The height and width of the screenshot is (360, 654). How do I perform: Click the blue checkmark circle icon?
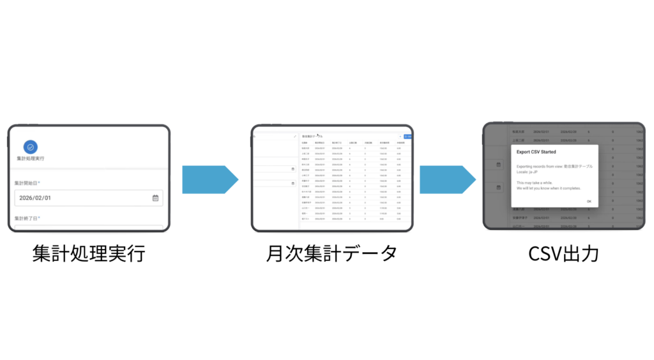pos(30,146)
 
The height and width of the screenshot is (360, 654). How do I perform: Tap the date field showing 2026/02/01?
pos(83,198)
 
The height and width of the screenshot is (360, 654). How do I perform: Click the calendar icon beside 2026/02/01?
pos(155,198)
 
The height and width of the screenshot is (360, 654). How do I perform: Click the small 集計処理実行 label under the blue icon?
pos(31,158)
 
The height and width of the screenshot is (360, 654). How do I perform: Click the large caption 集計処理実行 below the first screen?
pos(89,254)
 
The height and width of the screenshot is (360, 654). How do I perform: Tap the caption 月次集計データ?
pos(331,254)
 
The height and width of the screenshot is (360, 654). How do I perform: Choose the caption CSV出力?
pos(563,254)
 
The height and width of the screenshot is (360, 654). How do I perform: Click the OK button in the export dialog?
pos(589,201)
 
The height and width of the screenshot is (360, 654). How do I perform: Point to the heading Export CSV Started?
pos(536,153)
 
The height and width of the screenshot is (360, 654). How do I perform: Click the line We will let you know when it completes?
pos(549,188)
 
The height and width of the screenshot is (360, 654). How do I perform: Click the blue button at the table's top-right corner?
pos(408,136)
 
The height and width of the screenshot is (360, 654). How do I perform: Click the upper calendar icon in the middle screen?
pos(293,169)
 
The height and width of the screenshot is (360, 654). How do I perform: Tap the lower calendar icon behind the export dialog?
pos(498,188)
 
